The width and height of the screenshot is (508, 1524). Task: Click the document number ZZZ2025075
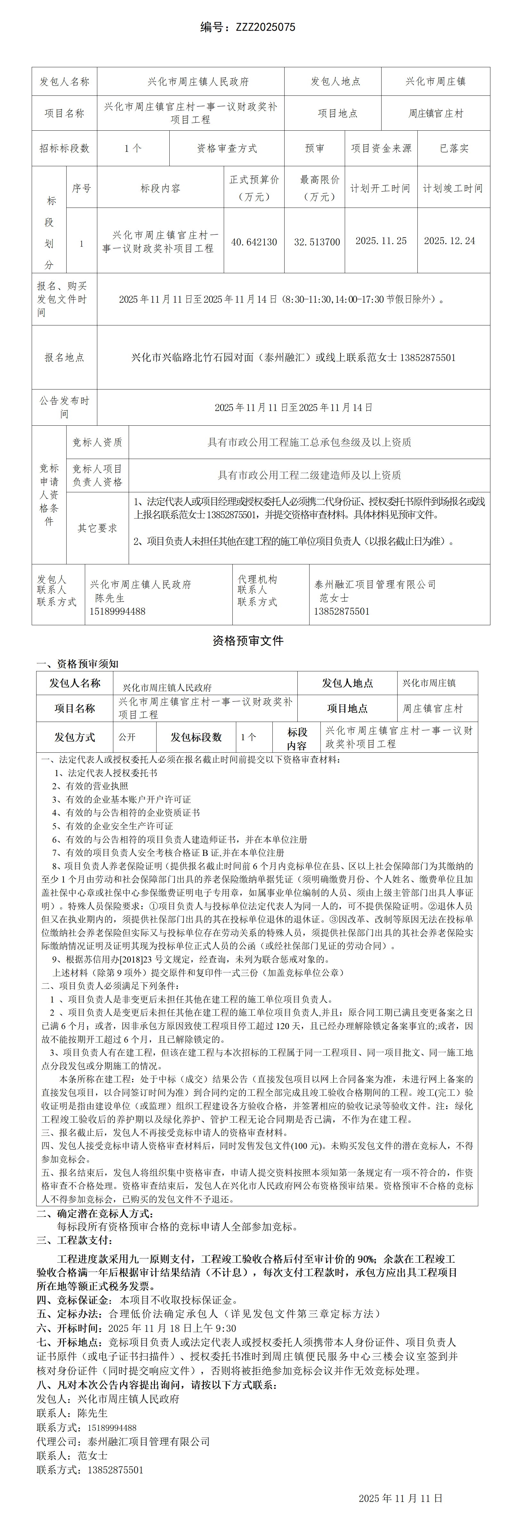[x=266, y=27]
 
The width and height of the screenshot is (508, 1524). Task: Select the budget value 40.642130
[x=254, y=242]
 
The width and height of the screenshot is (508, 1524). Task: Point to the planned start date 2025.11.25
[x=381, y=241]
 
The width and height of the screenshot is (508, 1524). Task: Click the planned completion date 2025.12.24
[x=449, y=241]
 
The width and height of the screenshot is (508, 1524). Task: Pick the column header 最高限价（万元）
[x=319, y=188]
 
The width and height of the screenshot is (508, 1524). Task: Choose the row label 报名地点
[x=64, y=357]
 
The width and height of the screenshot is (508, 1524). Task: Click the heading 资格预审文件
[x=248, y=641]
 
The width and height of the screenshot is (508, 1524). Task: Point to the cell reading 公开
[x=127, y=737]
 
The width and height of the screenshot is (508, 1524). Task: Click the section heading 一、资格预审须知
[x=77, y=664]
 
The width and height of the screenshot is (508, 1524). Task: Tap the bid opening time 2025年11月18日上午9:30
[x=172, y=1328]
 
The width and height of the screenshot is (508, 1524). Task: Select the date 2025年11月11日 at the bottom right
[x=400, y=1498]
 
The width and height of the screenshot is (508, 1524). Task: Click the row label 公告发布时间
[x=64, y=407]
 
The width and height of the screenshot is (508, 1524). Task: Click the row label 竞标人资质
[x=98, y=442]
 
